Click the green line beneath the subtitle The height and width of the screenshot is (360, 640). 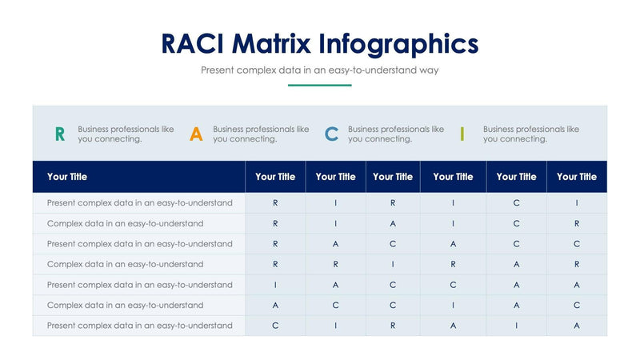(320, 85)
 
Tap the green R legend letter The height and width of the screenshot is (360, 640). (60, 134)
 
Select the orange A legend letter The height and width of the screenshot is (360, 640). (196, 134)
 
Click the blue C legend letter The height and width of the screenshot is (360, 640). (331, 134)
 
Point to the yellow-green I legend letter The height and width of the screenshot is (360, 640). (462, 134)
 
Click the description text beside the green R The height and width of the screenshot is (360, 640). (126, 134)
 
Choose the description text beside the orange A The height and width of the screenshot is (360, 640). (261, 134)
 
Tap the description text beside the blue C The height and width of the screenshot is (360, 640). (396, 134)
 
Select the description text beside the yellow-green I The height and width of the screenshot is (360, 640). (531, 134)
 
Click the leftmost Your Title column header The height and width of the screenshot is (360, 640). (67, 177)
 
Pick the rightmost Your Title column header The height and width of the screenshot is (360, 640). (577, 177)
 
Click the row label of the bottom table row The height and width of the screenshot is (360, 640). (140, 326)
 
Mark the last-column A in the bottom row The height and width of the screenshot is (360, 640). (577, 326)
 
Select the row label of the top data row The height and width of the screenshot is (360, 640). (140, 203)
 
